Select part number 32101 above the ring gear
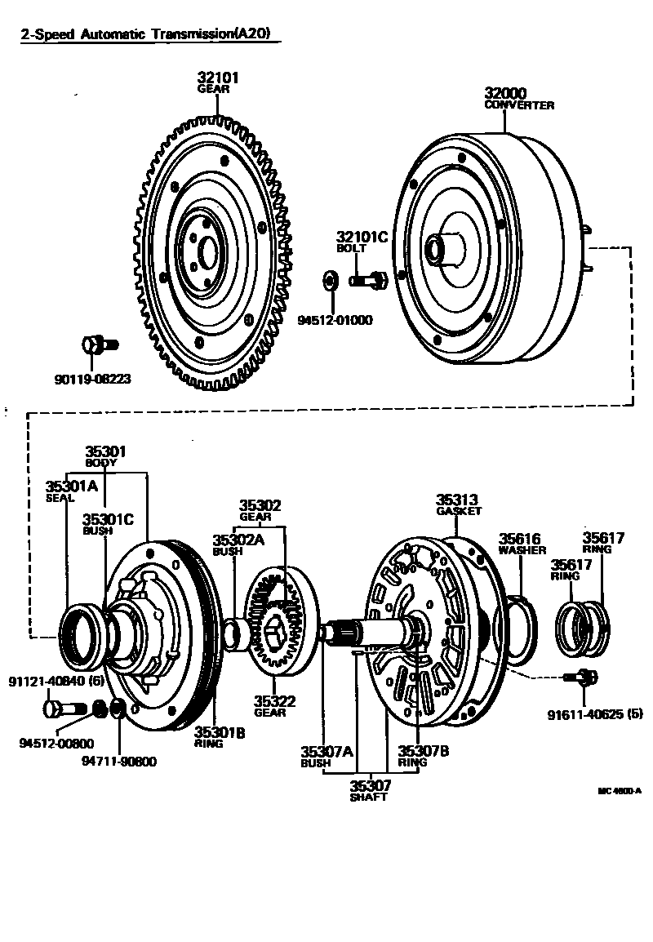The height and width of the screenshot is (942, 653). click(218, 78)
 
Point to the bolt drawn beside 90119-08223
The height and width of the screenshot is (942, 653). click(99, 345)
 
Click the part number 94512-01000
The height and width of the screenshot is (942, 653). click(335, 319)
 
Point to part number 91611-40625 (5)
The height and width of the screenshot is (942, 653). click(595, 714)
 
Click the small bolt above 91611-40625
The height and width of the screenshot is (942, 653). click(581, 676)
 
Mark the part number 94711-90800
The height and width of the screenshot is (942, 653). click(119, 762)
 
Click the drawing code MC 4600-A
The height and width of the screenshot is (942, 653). click(620, 790)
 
